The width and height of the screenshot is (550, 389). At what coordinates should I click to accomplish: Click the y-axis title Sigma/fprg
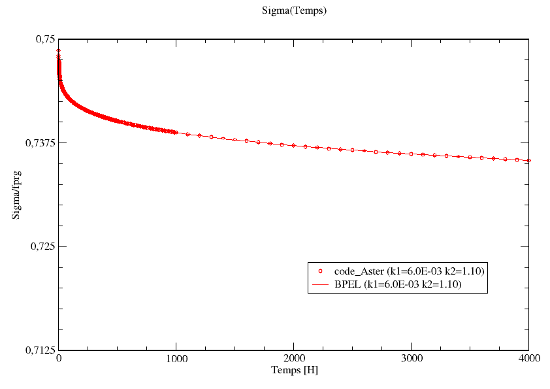[18, 194]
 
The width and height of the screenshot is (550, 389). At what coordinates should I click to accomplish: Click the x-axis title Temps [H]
[294, 370]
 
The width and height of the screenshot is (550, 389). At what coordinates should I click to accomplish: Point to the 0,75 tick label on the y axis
[44, 39]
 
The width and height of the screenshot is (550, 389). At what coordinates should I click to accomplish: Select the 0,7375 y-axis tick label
[39, 143]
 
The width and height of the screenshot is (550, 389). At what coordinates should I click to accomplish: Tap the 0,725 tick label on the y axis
[42, 246]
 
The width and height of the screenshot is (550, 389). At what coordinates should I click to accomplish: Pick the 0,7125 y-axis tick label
[39, 350]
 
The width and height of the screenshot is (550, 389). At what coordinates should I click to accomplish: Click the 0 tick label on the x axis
[59, 359]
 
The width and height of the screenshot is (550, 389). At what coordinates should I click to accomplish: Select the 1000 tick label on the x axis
[176, 359]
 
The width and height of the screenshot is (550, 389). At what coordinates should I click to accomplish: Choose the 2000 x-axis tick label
[294, 359]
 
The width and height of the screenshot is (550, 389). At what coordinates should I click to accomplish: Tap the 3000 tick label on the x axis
[411, 359]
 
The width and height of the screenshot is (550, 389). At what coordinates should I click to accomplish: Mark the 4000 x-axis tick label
[528, 359]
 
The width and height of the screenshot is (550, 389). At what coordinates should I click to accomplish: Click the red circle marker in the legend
[321, 271]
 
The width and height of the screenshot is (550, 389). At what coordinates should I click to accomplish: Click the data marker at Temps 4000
[528, 160]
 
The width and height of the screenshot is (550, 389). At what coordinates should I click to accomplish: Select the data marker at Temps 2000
[294, 145]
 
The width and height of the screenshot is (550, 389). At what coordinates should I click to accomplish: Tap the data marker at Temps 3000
[411, 154]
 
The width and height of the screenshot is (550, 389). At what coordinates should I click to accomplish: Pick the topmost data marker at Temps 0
[59, 50]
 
